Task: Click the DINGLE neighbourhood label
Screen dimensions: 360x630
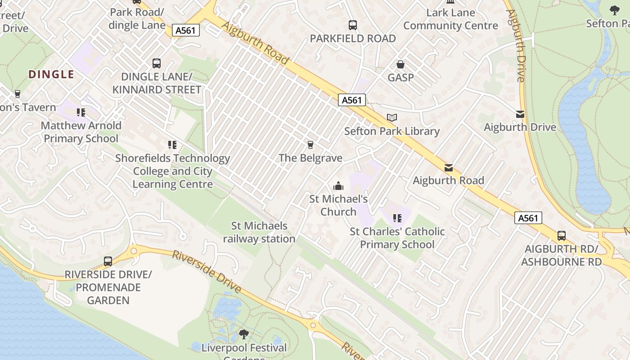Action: (51, 74)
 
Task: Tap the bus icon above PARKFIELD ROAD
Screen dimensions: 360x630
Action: (353, 25)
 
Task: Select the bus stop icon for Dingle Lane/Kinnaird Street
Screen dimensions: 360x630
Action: (157, 63)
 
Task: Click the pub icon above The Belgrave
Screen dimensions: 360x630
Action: (310, 145)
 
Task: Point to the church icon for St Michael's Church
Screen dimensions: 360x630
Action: (338, 186)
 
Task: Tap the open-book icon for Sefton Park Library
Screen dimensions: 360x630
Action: (392, 118)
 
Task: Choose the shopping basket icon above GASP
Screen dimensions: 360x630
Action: (400, 65)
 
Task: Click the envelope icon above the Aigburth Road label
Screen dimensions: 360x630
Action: (449, 168)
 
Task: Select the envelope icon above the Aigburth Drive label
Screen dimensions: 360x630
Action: (520, 114)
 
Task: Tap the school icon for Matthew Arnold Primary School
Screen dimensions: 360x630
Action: (81, 112)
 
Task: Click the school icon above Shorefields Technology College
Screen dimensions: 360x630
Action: (172, 145)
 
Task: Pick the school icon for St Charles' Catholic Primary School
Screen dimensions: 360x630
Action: (397, 218)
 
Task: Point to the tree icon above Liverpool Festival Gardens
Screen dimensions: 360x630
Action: (243, 334)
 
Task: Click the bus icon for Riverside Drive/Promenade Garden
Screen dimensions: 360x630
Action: (108, 261)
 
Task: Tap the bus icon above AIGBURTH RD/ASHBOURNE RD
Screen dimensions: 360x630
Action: (562, 235)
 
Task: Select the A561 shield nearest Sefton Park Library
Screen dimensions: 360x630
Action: (352, 100)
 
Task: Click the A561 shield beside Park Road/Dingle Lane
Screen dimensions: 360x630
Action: (186, 30)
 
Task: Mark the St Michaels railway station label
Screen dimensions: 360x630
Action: (259, 232)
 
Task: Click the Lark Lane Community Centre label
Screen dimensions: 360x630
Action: (450, 19)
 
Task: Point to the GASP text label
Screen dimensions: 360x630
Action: (400, 77)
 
